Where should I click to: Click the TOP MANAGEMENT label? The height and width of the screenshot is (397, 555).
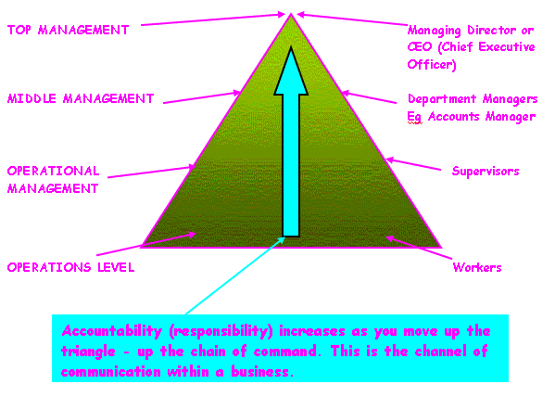tap(68, 30)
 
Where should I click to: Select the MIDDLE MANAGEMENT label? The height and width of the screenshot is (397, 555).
tap(81, 98)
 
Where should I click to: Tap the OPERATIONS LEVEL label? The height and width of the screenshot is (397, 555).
tap(70, 267)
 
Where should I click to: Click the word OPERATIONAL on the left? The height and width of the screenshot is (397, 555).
tap(53, 171)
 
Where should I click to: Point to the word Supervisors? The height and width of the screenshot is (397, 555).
tap(486, 172)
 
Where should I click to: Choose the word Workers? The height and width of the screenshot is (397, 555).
tap(477, 267)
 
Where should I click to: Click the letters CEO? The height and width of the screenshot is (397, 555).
tap(420, 46)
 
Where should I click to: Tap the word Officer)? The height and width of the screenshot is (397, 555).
tap(432, 64)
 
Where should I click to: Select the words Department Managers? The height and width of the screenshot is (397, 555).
tap(473, 99)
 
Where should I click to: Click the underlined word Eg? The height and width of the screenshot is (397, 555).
tap(414, 117)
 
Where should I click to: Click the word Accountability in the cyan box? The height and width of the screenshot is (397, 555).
tap(112, 331)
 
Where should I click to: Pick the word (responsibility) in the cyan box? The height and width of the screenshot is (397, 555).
tap(221, 331)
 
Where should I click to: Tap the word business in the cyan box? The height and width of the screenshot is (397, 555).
tap(262, 371)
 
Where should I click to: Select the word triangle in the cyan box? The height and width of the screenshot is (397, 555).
tap(88, 352)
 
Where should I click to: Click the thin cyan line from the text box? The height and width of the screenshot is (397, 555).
tap(235, 275)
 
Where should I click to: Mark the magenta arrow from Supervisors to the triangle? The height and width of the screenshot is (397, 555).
tap(413, 164)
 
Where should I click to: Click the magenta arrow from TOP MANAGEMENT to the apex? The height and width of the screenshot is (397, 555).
tap(213, 19)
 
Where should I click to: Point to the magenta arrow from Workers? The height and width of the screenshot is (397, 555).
tap(419, 248)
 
